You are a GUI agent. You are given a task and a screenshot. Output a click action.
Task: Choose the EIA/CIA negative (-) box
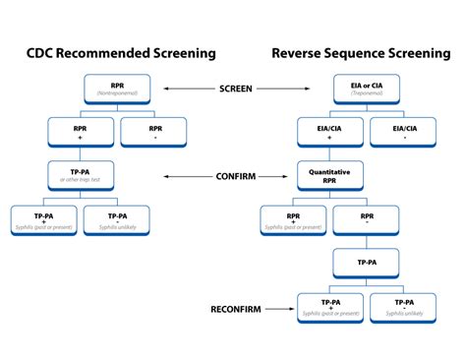[403, 132]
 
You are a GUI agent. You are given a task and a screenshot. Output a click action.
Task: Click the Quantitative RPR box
[331, 177]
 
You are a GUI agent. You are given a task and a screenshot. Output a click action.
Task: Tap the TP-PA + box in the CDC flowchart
[45, 218]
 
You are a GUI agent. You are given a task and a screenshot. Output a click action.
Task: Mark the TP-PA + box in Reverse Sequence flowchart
[331, 307]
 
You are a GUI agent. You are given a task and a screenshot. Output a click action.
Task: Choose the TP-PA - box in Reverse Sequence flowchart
[403, 307]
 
